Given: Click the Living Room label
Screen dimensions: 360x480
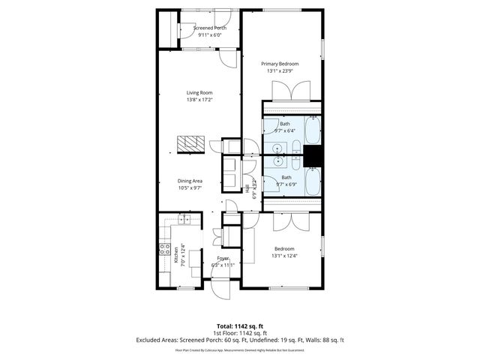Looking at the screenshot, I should (x=199, y=93).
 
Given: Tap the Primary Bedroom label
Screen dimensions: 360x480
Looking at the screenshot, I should (x=280, y=64).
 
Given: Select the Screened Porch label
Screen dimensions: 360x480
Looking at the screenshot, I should (x=209, y=28).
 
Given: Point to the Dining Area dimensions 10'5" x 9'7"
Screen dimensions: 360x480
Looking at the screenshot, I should (x=190, y=187).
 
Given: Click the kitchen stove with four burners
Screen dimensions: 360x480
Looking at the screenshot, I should (x=163, y=251).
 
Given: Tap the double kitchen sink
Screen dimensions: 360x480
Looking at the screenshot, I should (x=184, y=219).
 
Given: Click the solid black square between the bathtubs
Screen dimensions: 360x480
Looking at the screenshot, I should (x=313, y=157).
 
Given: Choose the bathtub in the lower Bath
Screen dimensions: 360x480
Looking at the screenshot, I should (x=313, y=181).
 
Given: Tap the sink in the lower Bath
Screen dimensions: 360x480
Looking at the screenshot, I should (x=279, y=160).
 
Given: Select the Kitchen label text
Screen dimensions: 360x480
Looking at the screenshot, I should (x=176, y=254).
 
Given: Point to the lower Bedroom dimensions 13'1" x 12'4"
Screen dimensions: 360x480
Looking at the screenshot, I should (x=284, y=256).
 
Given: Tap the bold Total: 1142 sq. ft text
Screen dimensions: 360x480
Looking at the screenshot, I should (x=239, y=326).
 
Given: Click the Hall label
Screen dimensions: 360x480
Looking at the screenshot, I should (x=247, y=188).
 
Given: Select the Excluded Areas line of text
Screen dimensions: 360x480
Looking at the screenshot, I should (x=239, y=340).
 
